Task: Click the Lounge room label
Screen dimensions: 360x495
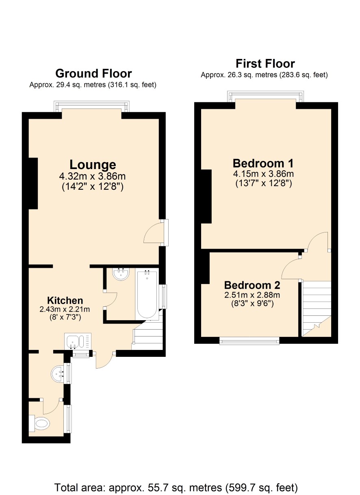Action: point(93,165)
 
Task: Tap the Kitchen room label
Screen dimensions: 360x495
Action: point(65,301)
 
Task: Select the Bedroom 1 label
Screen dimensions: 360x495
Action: point(263,163)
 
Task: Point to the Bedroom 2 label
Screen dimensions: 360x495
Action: point(252,285)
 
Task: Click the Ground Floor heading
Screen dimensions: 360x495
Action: point(93,74)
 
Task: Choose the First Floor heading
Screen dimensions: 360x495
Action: point(265,64)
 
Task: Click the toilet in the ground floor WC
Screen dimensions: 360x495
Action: point(39,423)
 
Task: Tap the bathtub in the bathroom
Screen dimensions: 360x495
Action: point(147,294)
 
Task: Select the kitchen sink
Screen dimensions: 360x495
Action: point(78,341)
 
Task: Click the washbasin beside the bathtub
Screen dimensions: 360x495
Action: point(121,274)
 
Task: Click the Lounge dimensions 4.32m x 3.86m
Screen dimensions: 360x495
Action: point(92,176)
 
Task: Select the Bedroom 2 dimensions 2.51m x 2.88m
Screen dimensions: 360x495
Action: point(252,295)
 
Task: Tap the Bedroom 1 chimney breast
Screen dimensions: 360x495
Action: point(206,196)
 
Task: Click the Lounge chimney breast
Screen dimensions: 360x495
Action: point(33,183)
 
